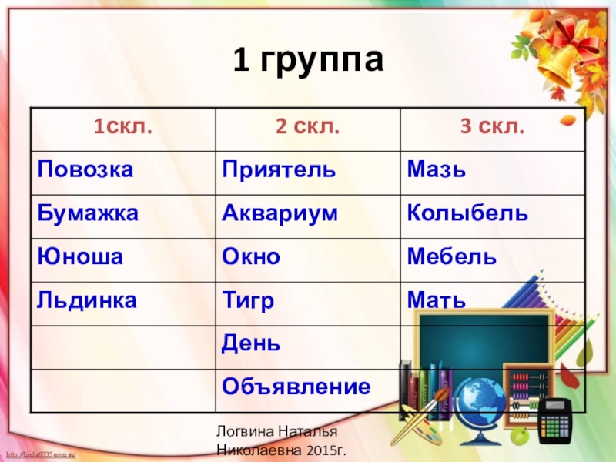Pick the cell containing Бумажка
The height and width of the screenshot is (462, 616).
(89, 213)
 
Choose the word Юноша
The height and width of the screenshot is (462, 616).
(80, 256)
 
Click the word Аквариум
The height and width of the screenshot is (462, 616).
(280, 213)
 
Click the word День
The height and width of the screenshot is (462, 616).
(251, 342)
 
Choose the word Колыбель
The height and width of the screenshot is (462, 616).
(467, 213)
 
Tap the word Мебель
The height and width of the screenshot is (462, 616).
(452, 256)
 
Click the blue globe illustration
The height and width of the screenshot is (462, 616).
(477, 397)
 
